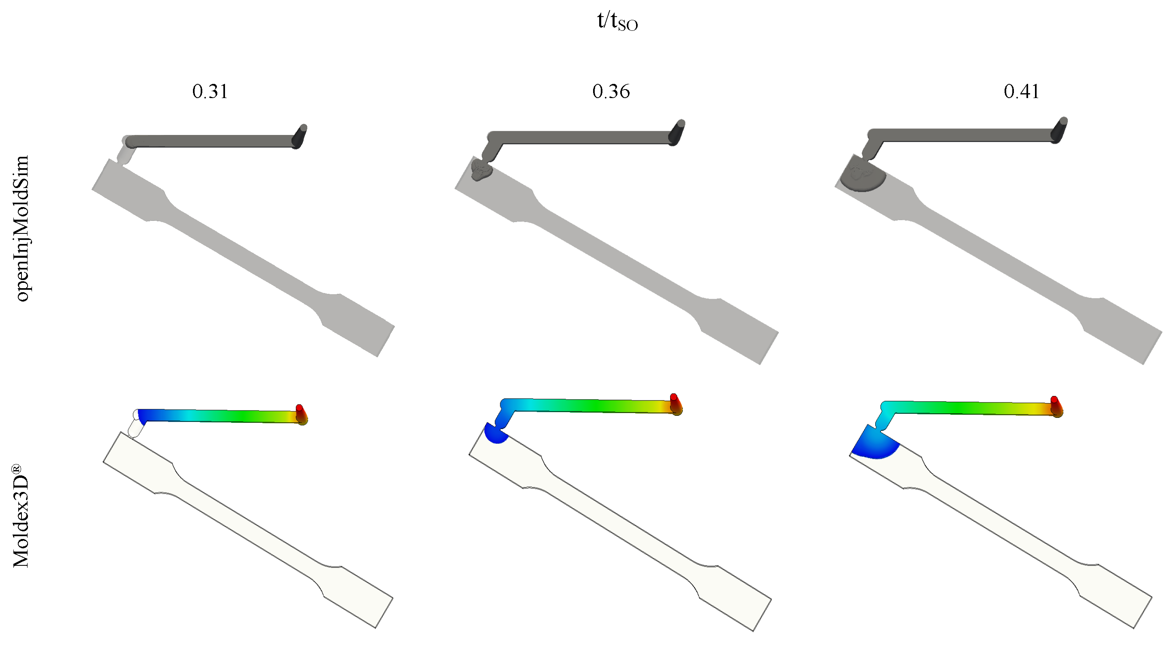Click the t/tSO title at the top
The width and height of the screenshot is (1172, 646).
click(617, 21)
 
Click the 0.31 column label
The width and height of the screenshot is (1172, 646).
click(210, 92)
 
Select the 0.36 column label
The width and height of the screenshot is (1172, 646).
click(611, 92)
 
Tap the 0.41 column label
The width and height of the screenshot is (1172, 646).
click(1022, 92)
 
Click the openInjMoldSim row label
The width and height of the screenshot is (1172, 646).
click(22, 229)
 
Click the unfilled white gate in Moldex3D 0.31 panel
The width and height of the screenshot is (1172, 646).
click(135, 427)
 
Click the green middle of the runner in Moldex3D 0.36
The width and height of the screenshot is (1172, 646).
click(591, 406)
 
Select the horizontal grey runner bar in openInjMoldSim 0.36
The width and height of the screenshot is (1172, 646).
click(583, 137)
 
